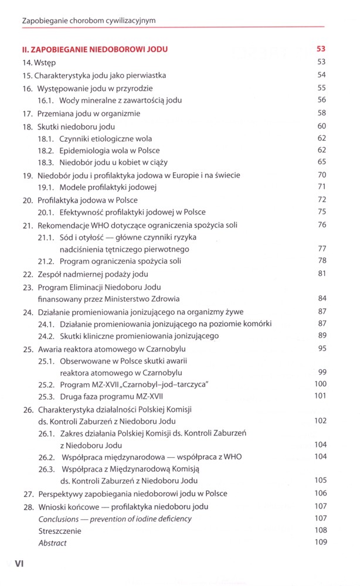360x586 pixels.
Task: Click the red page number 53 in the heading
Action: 321,49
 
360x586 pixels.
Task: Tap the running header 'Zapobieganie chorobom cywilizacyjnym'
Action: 89,21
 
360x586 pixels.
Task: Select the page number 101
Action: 320,396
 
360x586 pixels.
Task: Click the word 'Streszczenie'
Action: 60,531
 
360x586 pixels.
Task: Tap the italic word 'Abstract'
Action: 53,543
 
